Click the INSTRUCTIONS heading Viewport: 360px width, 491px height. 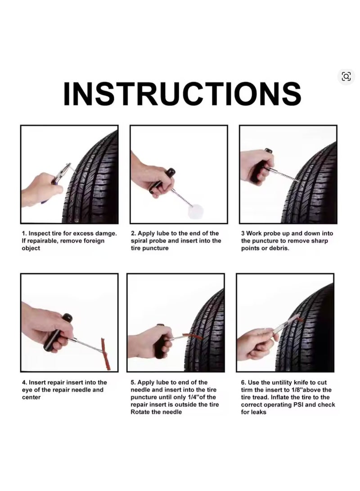click(182, 94)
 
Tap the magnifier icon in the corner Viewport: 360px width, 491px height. click(346, 77)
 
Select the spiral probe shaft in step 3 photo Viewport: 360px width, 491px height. click(280, 174)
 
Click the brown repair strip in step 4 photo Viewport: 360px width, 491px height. click(105, 354)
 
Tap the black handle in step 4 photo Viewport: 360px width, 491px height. click(58, 332)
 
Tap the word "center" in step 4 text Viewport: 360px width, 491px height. click(31, 397)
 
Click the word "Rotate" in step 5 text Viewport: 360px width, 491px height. click(140, 412)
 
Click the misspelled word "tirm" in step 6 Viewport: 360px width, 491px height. click(247, 390)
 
